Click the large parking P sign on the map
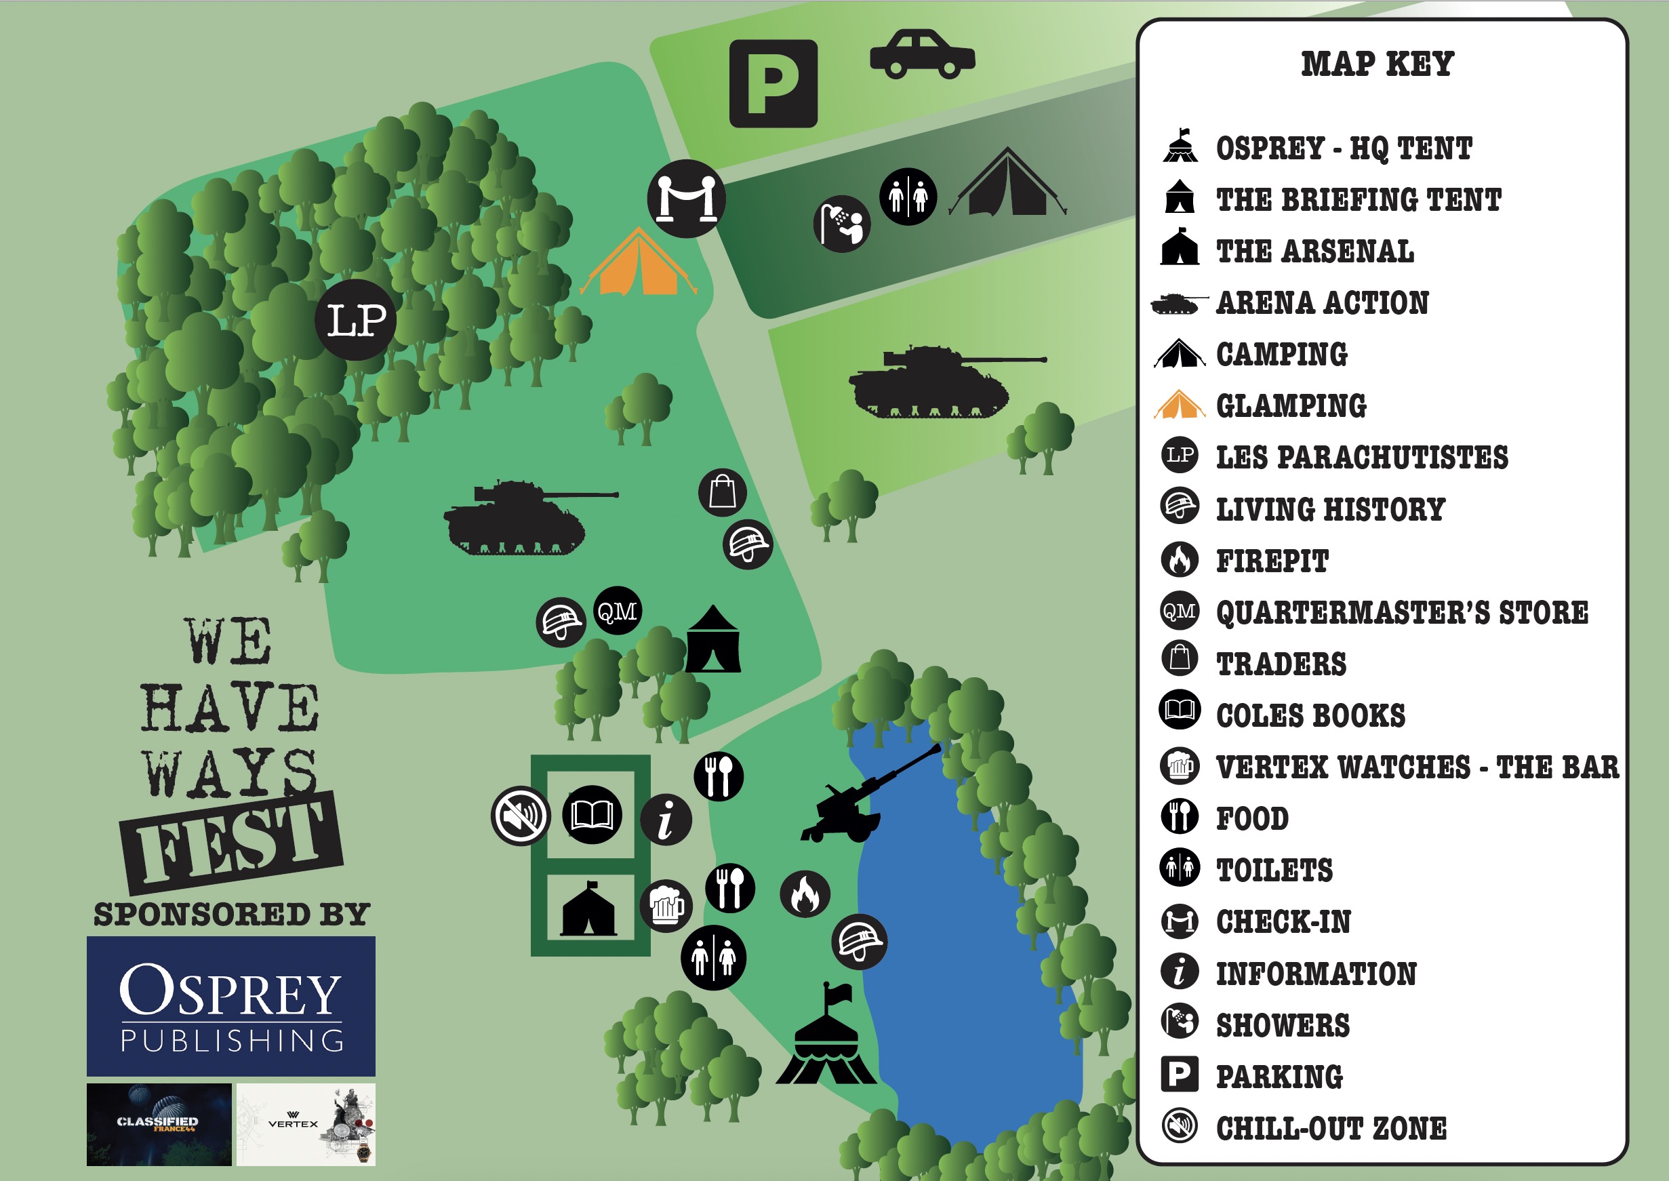click(x=773, y=83)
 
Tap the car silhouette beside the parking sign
click(x=922, y=54)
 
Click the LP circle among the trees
click(x=356, y=320)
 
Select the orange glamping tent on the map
click(x=638, y=263)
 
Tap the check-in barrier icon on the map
click(x=686, y=199)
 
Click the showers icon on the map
click(x=842, y=224)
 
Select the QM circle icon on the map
click(x=618, y=611)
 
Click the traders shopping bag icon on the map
click(x=722, y=492)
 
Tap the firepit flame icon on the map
click(x=805, y=894)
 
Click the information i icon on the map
click(x=666, y=820)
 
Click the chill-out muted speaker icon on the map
click(x=521, y=816)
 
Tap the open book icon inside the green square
click(x=592, y=814)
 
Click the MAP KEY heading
click(x=1378, y=64)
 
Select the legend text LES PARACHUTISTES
click(x=1361, y=458)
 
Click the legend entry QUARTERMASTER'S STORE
click(x=1401, y=612)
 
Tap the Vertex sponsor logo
click(x=306, y=1124)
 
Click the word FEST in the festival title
click(x=231, y=843)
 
